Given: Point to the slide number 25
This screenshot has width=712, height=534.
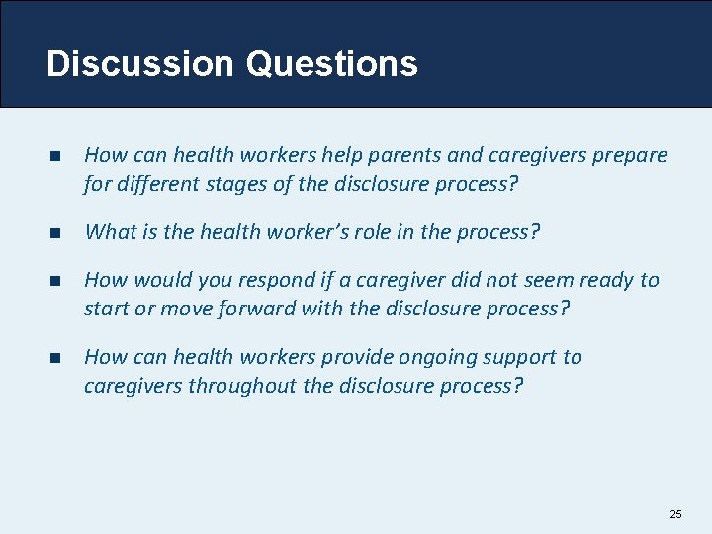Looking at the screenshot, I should coord(675,514).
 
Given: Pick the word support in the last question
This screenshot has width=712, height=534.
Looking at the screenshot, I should coord(515,357).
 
